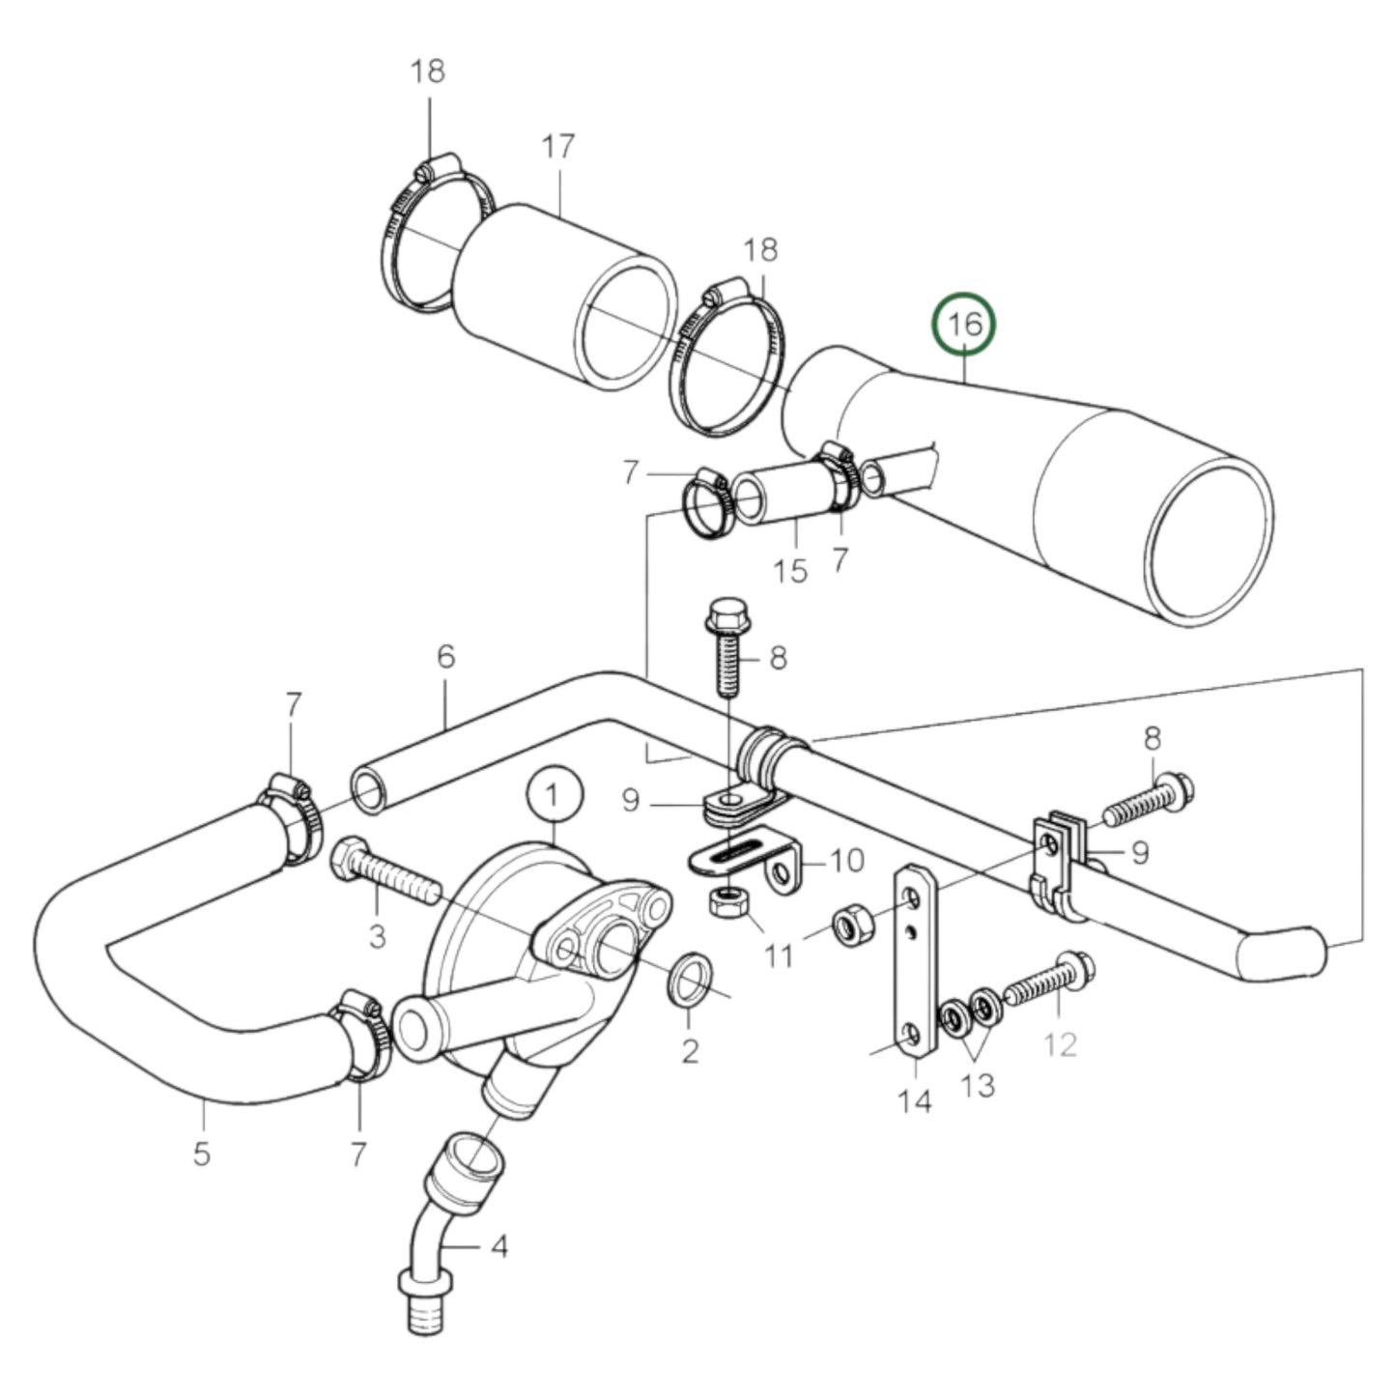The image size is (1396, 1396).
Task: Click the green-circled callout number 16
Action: click(x=965, y=324)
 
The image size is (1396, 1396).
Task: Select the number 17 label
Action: click(x=558, y=147)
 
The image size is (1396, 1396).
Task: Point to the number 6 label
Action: click(x=445, y=657)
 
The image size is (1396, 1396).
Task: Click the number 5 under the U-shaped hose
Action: click(x=201, y=1153)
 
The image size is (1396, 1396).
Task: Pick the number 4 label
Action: click(x=499, y=1246)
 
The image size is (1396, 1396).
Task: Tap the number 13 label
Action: click(x=979, y=1085)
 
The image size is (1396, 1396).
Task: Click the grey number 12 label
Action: click(x=1061, y=1045)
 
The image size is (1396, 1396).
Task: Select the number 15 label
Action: click(x=790, y=570)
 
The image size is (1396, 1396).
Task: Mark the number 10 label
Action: click(x=846, y=860)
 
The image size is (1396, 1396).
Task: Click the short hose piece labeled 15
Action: click(x=784, y=495)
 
